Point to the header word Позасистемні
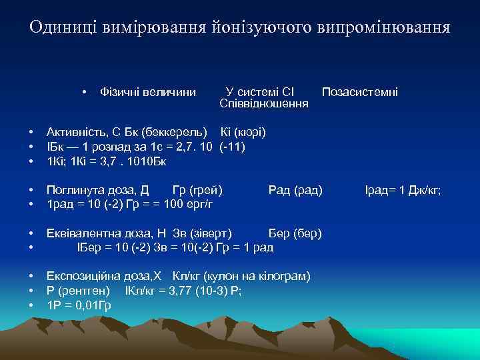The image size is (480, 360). (360, 91)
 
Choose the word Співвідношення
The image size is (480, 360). (263, 104)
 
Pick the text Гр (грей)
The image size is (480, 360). (197, 191)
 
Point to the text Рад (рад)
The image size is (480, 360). (295, 191)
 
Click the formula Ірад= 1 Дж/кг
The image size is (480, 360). (403, 191)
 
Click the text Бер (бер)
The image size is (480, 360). (295, 234)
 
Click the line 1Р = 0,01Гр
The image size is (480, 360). (78, 305)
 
